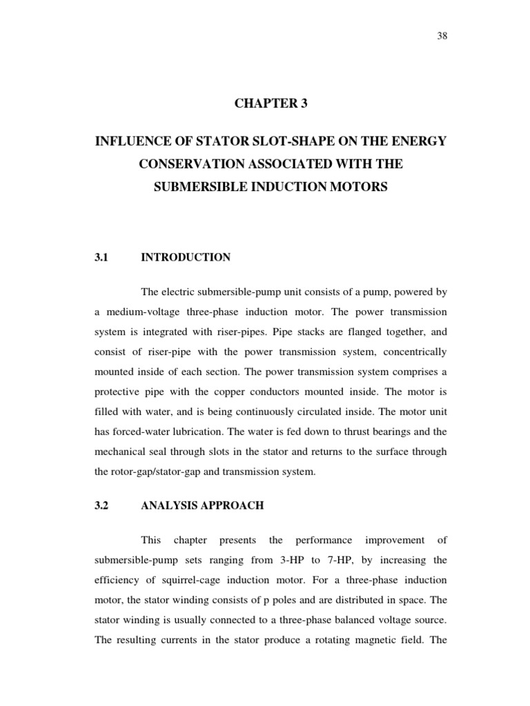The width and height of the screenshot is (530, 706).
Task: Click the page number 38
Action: pyautogui.click(x=442, y=37)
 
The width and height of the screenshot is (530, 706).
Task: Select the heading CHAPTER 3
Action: pyautogui.click(x=271, y=104)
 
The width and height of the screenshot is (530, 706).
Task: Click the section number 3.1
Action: pyautogui.click(x=102, y=257)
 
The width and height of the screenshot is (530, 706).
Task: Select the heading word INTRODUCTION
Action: pyautogui.click(x=186, y=257)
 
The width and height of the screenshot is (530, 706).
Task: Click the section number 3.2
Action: pyautogui.click(x=102, y=505)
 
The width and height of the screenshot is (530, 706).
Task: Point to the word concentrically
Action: pyautogui.click(x=413, y=352)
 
